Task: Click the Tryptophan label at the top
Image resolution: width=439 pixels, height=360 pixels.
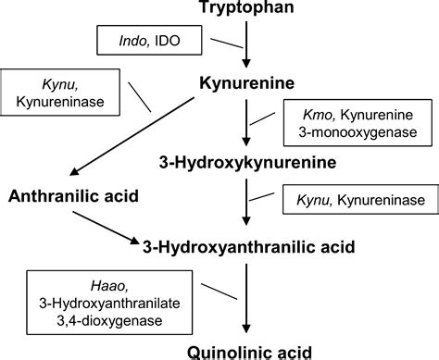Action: (x=246, y=10)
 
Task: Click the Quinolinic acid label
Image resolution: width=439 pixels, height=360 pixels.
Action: (x=246, y=350)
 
